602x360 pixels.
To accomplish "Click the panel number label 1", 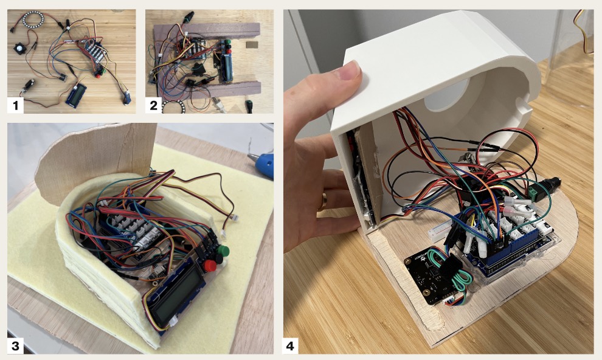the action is pyautogui.click(x=15, y=105).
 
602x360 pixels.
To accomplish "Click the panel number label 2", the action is pyautogui.click(x=153, y=105).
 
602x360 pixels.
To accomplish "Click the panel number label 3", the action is pyautogui.click(x=15, y=346).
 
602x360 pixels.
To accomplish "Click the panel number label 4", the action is pyautogui.click(x=290, y=346).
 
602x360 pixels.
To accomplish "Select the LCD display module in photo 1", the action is pyautogui.click(x=76, y=95).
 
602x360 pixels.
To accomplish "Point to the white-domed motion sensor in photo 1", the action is pyautogui.click(x=19, y=49).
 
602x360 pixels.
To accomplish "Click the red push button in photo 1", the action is pyautogui.click(x=98, y=75).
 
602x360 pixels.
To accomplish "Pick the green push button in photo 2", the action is pyautogui.click(x=227, y=42).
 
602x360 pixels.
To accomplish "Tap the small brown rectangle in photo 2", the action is pyautogui.click(x=252, y=44).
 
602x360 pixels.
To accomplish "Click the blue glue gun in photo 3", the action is pyautogui.click(x=262, y=165).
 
